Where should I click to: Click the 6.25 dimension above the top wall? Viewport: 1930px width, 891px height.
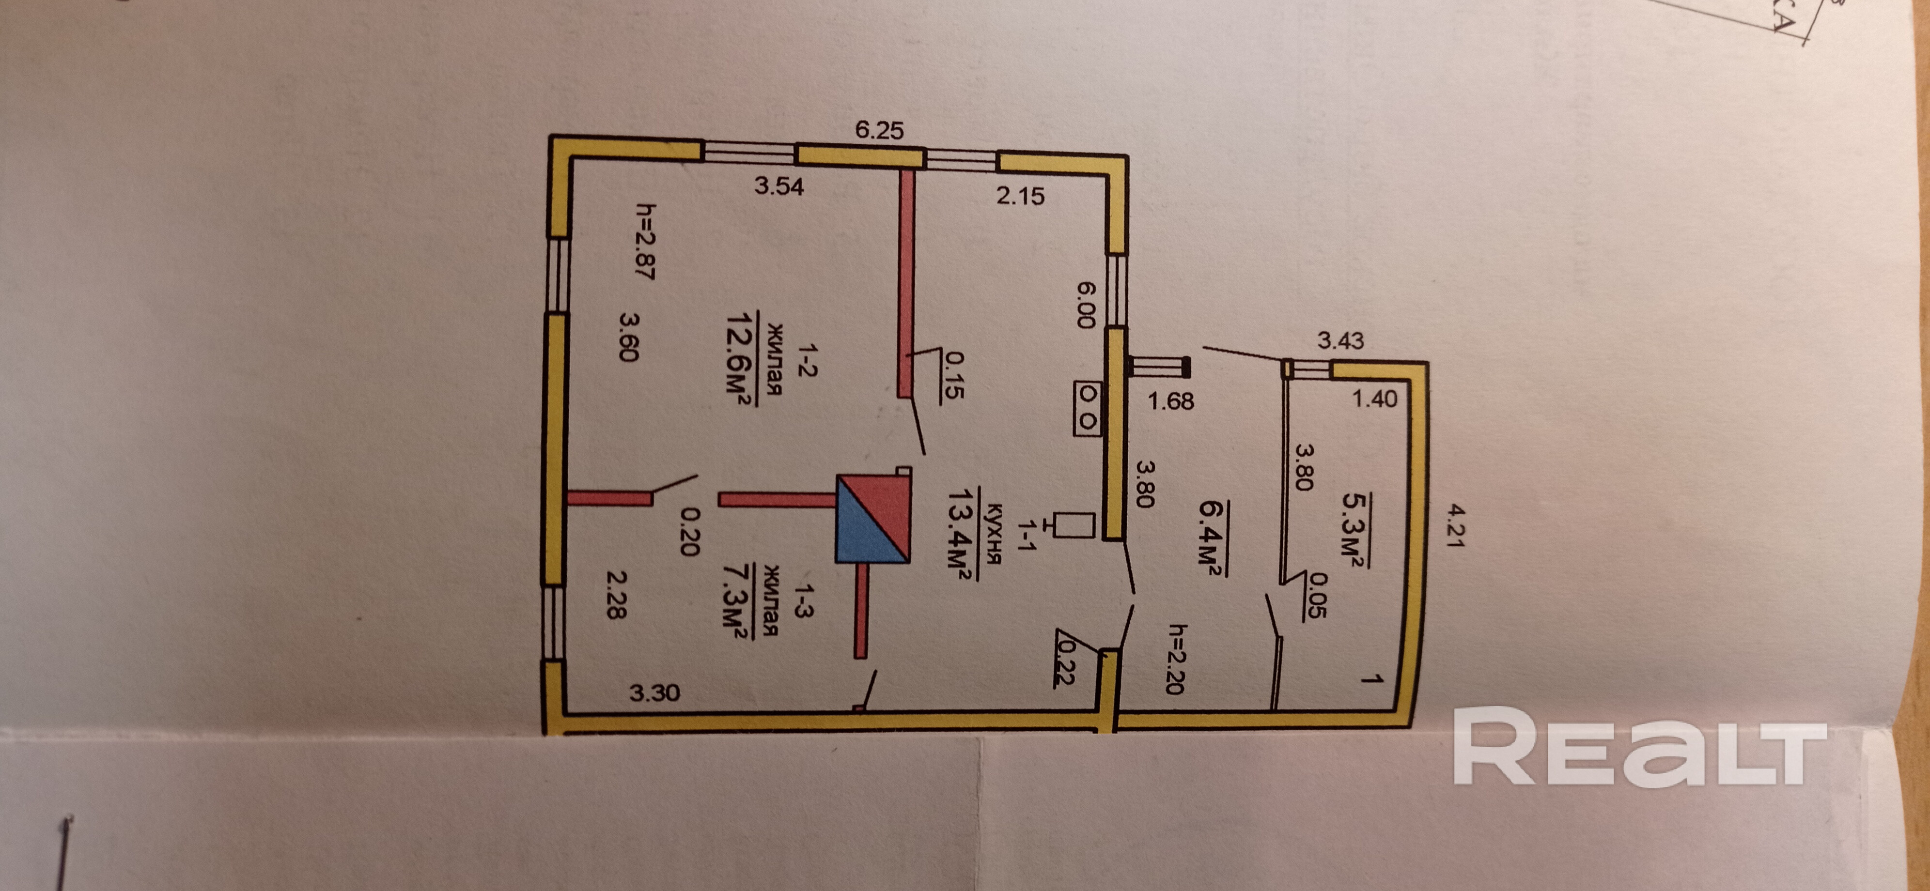pos(880,130)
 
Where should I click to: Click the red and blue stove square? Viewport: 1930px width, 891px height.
pos(873,518)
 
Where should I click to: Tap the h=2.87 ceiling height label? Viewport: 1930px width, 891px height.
pos(645,241)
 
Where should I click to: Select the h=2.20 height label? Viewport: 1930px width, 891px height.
pos(1176,659)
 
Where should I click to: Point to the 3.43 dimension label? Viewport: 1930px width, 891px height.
pos(1340,341)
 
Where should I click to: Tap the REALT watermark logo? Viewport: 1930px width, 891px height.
pos(1639,747)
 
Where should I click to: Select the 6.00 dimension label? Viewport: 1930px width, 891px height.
pos(1086,305)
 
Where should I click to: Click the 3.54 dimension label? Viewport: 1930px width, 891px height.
pos(778,185)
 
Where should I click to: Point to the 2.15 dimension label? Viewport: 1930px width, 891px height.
pos(1020,196)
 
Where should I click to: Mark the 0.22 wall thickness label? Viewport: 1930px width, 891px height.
pos(1064,662)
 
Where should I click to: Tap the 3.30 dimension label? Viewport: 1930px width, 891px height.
pos(654,692)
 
